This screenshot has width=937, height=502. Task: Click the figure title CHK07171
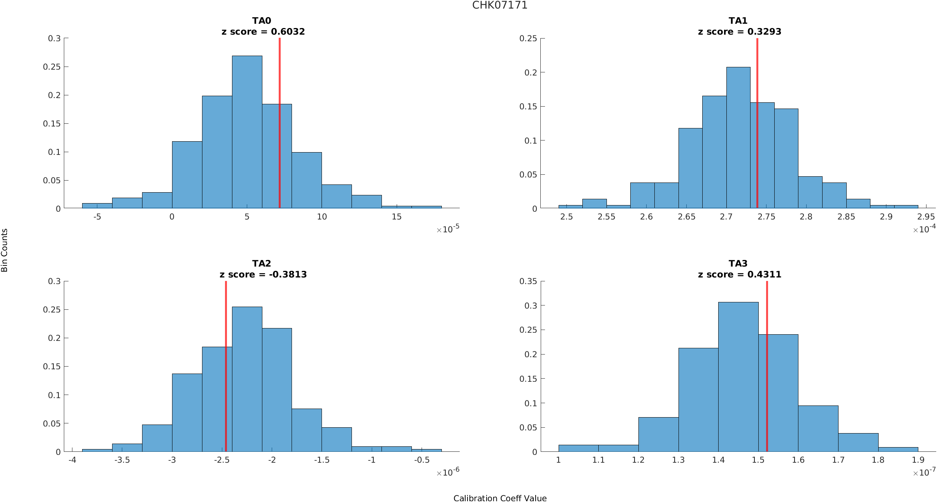pyautogui.click(x=499, y=5)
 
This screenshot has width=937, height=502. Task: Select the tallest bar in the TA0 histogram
pyautogui.click(x=247, y=132)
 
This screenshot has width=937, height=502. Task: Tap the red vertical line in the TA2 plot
pyautogui.click(x=226, y=366)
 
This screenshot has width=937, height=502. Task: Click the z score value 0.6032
pyautogui.click(x=288, y=32)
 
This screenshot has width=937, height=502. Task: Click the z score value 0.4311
pyautogui.click(x=764, y=274)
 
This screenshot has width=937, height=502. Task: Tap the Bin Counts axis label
pyautogui.click(x=4, y=250)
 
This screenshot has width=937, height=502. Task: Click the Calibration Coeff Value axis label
pyautogui.click(x=500, y=498)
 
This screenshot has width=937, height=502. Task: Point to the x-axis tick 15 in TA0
pyautogui.click(x=396, y=217)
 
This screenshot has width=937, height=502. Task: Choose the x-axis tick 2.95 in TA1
pyautogui.click(x=926, y=217)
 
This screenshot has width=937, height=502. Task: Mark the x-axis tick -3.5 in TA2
pyautogui.click(x=122, y=460)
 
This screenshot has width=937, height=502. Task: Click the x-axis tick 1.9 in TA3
pyautogui.click(x=918, y=460)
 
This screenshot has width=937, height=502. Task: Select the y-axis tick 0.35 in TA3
pyautogui.click(x=528, y=281)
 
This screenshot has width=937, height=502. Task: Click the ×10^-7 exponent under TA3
pyautogui.click(x=924, y=472)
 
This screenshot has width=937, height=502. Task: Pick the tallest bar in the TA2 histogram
pyautogui.click(x=247, y=379)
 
